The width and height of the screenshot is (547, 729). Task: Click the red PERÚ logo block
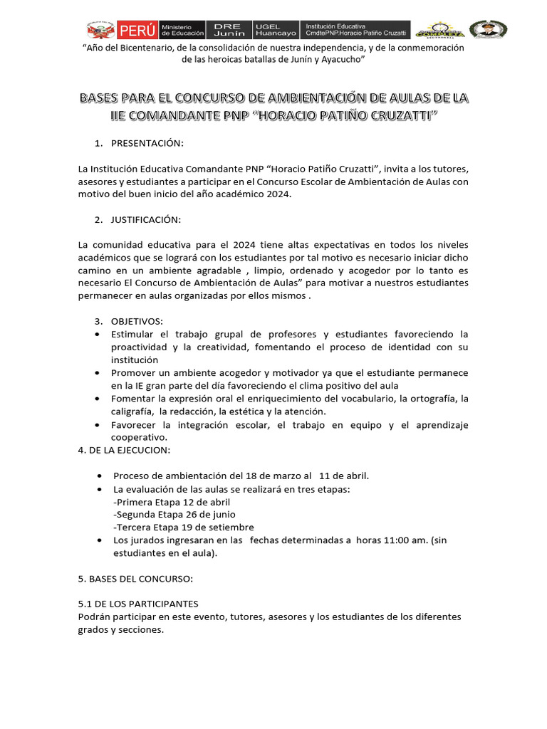[138, 30]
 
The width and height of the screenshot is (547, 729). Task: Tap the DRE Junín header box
[229, 30]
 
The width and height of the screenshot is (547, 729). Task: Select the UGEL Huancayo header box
[276, 30]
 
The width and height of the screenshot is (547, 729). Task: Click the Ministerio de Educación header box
[182, 30]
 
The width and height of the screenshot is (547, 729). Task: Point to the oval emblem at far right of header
[488, 29]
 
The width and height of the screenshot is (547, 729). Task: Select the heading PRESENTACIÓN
[147, 144]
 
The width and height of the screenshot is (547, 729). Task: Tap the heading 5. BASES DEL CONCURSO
[135, 578]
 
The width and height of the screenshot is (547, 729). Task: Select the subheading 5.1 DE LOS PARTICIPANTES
[138, 604]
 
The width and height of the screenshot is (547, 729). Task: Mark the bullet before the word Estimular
[97, 334]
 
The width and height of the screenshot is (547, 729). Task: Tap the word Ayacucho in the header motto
[340, 61]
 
